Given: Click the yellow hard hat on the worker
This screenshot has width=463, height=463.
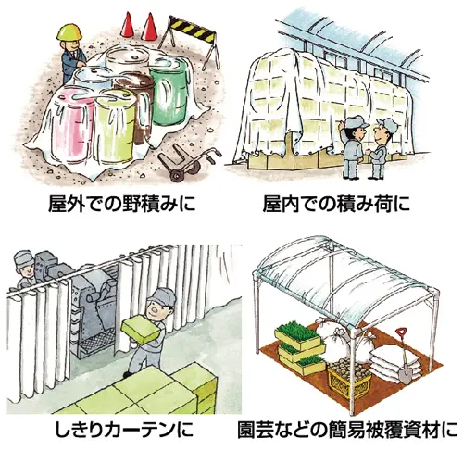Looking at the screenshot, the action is point(69,31).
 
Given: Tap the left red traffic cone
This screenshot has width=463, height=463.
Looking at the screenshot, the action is point(127,24).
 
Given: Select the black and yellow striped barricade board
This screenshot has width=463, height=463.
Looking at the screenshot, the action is point(192,28).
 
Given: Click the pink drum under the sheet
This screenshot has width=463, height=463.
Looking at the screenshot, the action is point(74,123).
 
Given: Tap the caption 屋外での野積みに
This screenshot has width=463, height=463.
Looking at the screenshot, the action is point(122,204).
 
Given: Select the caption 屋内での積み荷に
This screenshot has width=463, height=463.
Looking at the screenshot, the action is point(336,204).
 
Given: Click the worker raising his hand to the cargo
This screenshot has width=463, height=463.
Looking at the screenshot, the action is point(354,146).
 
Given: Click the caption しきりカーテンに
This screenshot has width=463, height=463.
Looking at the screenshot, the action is point(124,430).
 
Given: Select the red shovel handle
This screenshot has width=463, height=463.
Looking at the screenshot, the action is point(401,334).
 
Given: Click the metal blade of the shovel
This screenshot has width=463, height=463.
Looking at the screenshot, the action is point(405,374).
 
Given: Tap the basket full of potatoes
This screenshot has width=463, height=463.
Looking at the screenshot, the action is point(350,378).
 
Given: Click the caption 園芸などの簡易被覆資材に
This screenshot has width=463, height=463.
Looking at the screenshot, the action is point(347,430).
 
